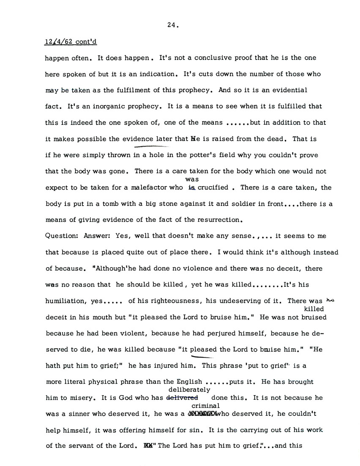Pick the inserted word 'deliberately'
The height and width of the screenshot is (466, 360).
pyautogui.click(x=189, y=390)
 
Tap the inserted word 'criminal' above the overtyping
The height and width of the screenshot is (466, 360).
pyautogui.click(x=200, y=406)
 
